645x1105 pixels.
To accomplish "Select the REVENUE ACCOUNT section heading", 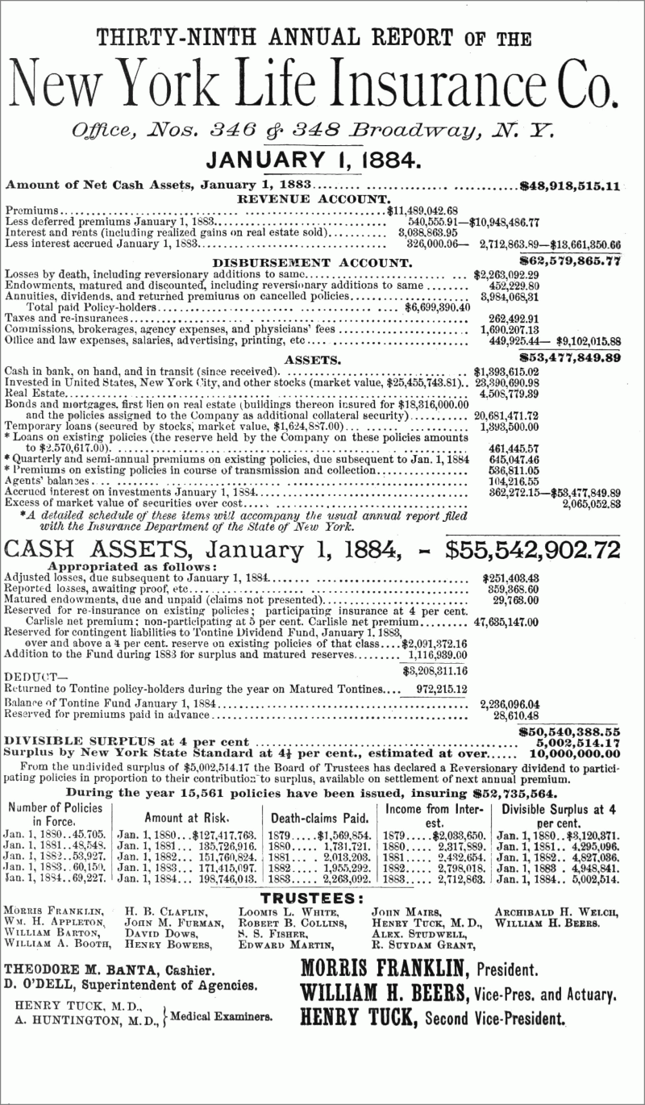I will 314,198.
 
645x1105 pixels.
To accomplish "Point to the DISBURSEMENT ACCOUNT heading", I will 312,262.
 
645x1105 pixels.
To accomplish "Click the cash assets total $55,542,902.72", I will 533,550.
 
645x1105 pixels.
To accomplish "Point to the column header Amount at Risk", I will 186,817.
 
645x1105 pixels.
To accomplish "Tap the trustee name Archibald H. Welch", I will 556,911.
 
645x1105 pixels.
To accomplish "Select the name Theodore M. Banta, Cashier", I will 109,970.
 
